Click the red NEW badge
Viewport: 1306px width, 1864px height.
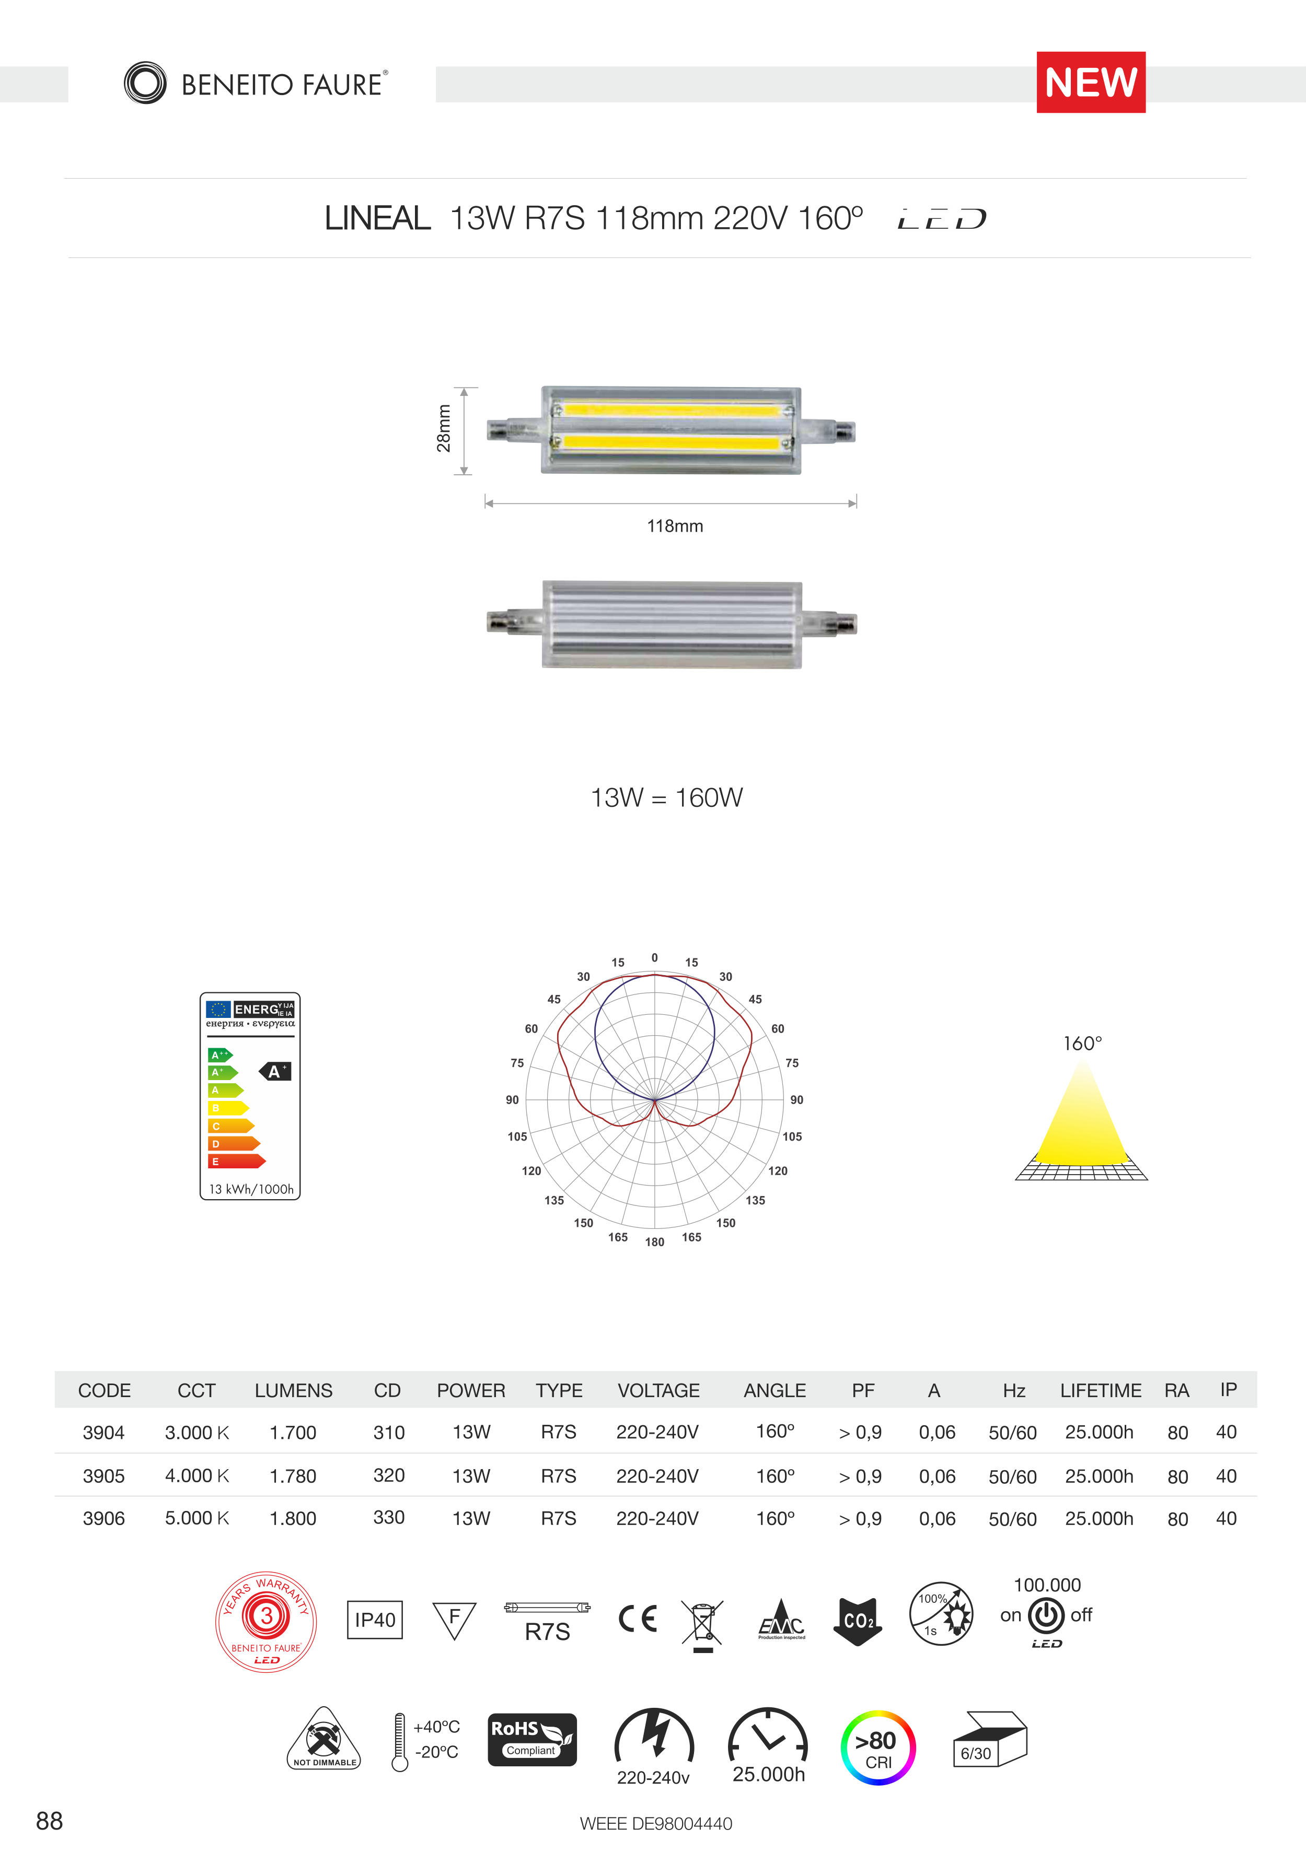click(1091, 82)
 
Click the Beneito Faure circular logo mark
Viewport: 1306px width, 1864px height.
click(145, 83)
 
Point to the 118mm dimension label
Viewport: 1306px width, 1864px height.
click(675, 526)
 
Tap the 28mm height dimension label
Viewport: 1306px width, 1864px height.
click(444, 429)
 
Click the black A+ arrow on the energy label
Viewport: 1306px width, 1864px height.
click(275, 1072)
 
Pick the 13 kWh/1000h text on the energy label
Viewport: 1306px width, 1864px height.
click(251, 1189)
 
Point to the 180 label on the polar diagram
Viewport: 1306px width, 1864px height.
click(655, 1242)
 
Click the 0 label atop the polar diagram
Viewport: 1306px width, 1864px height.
click(655, 958)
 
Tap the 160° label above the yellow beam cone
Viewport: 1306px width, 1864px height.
click(1083, 1043)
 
